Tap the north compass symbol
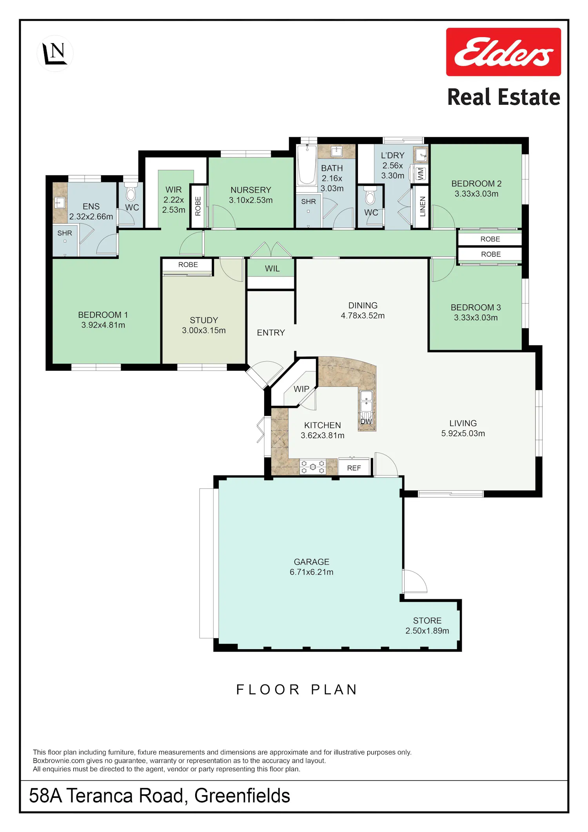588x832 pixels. (55, 53)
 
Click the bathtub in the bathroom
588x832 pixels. (307, 165)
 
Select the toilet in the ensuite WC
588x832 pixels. (131, 191)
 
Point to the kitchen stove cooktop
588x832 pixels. (313, 467)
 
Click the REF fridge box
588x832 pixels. (354, 468)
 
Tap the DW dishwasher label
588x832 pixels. (366, 421)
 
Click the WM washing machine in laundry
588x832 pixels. (420, 173)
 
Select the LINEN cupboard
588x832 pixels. (422, 206)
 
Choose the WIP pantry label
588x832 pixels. (301, 389)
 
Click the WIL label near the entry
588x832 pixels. (272, 269)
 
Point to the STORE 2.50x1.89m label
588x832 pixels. (427, 626)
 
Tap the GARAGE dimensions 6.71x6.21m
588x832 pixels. (312, 572)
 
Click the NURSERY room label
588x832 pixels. (251, 190)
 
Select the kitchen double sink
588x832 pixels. (366, 401)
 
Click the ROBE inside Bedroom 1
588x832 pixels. (188, 265)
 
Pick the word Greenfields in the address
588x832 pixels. (242, 796)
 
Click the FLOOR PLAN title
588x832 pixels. (297, 690)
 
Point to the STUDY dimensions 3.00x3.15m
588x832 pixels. (204, 330)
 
